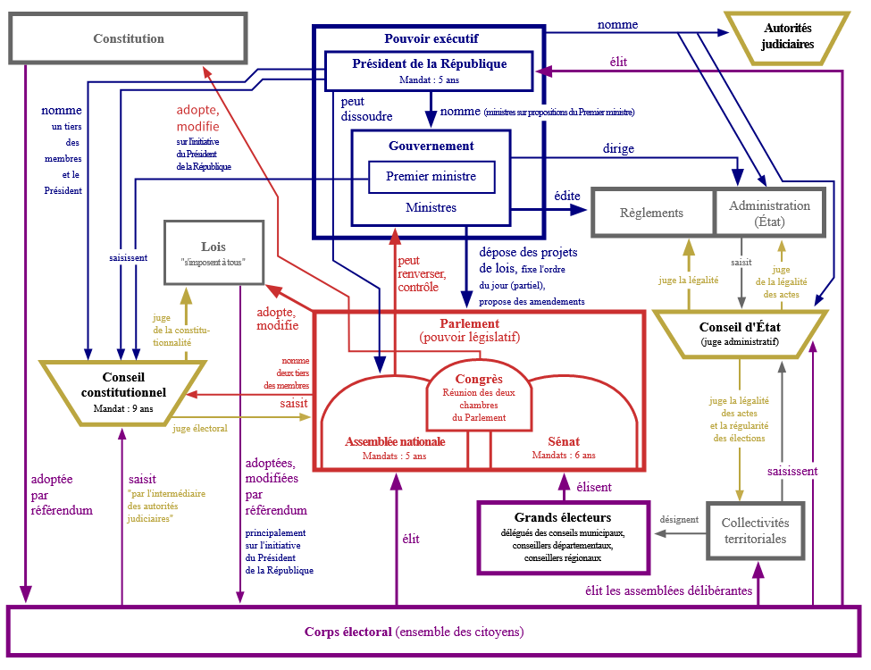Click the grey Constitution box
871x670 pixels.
coord(129,38)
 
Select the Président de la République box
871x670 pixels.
coord(430,70)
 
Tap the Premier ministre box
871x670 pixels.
coord(431,177)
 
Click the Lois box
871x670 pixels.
coord(214,253)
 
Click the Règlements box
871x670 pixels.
coord(652,214)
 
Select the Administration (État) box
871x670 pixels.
coord(769,213)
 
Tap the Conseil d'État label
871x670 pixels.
coord(740,327)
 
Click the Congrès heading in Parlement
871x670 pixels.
coord(479,379)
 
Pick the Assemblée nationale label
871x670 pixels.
coord(394,441)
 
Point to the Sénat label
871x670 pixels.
coord(564,441)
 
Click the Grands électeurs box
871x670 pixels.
coord(563,536)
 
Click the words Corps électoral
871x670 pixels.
coord(348,632)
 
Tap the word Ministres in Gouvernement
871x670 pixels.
coord(431,208)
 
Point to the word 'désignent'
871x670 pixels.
coord(679,518)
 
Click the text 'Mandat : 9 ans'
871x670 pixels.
coord(123,408)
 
